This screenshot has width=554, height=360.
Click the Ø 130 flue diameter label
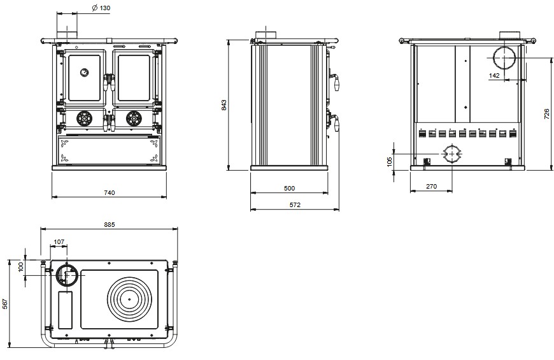tap(101, 8)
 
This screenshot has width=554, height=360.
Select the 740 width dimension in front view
tap(109, 192)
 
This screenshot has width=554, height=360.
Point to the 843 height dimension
tap(224, 105)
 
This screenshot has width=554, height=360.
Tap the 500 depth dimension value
tap(289, 189)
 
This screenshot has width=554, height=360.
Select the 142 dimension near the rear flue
tap(494, 75)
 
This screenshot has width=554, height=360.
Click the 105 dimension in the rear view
tap(390, 161)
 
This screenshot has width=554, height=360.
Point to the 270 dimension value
tap(430, 187)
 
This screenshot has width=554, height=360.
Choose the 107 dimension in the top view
tap(59, 241)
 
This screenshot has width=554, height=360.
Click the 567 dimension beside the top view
tap(5, 303)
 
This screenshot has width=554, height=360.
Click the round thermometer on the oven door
tap(84, 72)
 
